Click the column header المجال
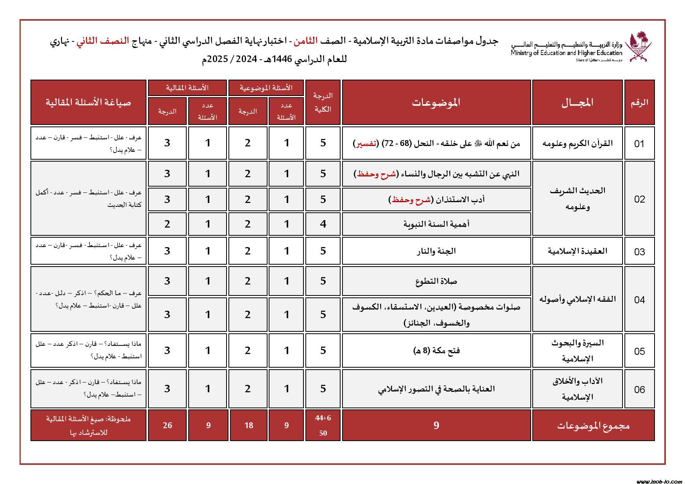pyautogui.click(x=578, y=102)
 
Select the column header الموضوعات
pyautogui.click(x=436, y=102)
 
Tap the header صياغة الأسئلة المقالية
pyautogui.click(x=89, y=102)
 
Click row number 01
pyautogui.click(x=639, y=144)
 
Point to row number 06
pyautogui.click(x=639, y=389)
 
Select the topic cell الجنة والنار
pyautogui.click(x=436, y=251)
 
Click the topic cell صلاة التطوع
pyautogui.click(x=436, y=281)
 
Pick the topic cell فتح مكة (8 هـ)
pyautogui.click(x=436, y=351)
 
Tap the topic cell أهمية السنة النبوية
pyautogui.click(x=436, y=224)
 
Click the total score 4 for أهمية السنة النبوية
pyautogui.click(x=323, y=224)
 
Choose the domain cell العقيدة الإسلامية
pyautogui.click(x=578, y=251)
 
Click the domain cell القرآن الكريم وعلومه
pyautogui.click(x=578, y=143)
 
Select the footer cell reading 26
pyautogui.click(x=167, y=425)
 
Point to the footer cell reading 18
pyautogui.click(x=248, y=425)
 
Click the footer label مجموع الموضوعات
pyautogui.click(x=593, y=425)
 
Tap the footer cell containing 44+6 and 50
pyautogui.click(x=323, y=425)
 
